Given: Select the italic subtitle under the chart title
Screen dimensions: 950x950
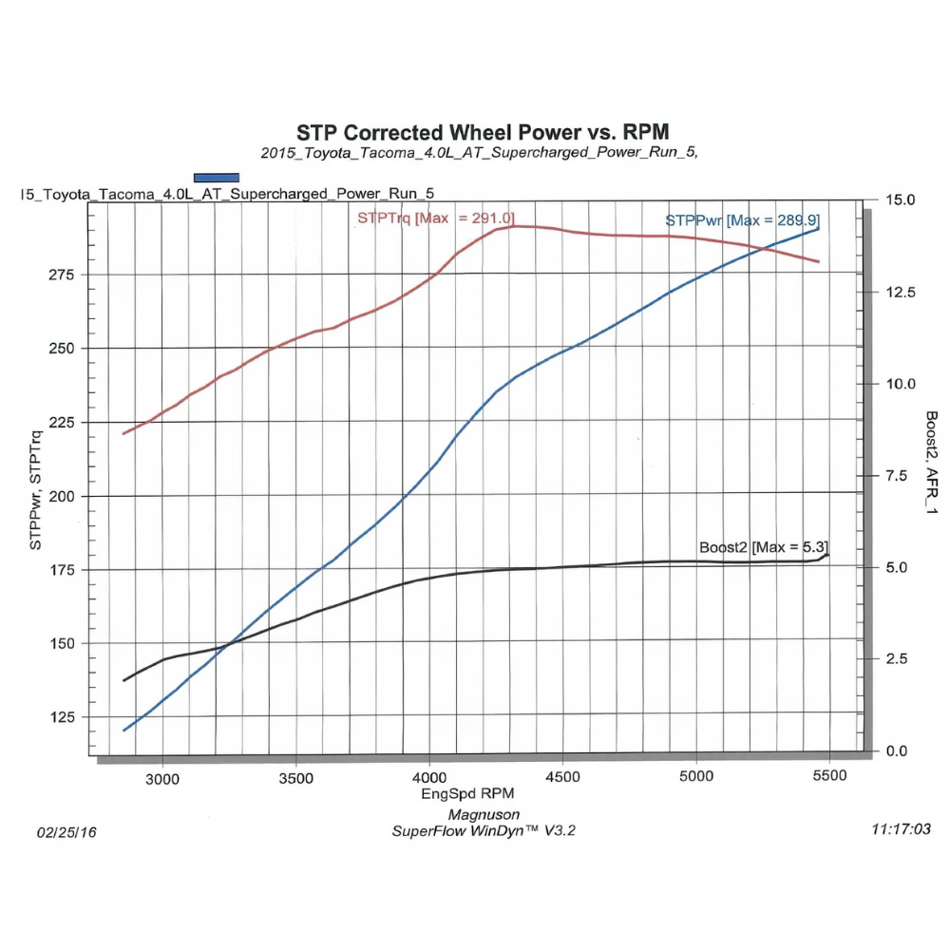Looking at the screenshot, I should pyautogui.click(x=480, y=152).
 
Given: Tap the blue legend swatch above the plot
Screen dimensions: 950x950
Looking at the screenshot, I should pyautogui.click(x=216, y=177).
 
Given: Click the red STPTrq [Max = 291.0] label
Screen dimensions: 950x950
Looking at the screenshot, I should pyautogui.click(x=436, y=218).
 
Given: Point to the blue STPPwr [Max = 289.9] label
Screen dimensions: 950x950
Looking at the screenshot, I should pyautogui.click(x=742, y=220).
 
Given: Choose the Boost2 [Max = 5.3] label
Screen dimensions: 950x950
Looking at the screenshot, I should pyautogui.click(x=764, y=547).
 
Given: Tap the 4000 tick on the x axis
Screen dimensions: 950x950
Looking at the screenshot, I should pyautogui.click(x=429, y=776).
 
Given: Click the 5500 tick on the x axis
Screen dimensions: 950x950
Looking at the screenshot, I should pyautogui.click(x=829, y=776).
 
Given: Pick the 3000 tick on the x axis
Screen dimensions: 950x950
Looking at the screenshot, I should pyautogui.click(x=162, y=776).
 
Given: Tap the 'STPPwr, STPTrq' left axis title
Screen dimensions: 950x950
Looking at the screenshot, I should pyautogui.click(x=35, y=491).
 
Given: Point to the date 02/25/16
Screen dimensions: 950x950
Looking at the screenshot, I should pyautogui.click(x=66, y=832).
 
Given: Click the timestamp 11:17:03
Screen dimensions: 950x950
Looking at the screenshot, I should pyautogui.click(x=901, y=829).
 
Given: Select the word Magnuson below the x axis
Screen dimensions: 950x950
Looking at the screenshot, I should pyautogui.click(x=484, y=814).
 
